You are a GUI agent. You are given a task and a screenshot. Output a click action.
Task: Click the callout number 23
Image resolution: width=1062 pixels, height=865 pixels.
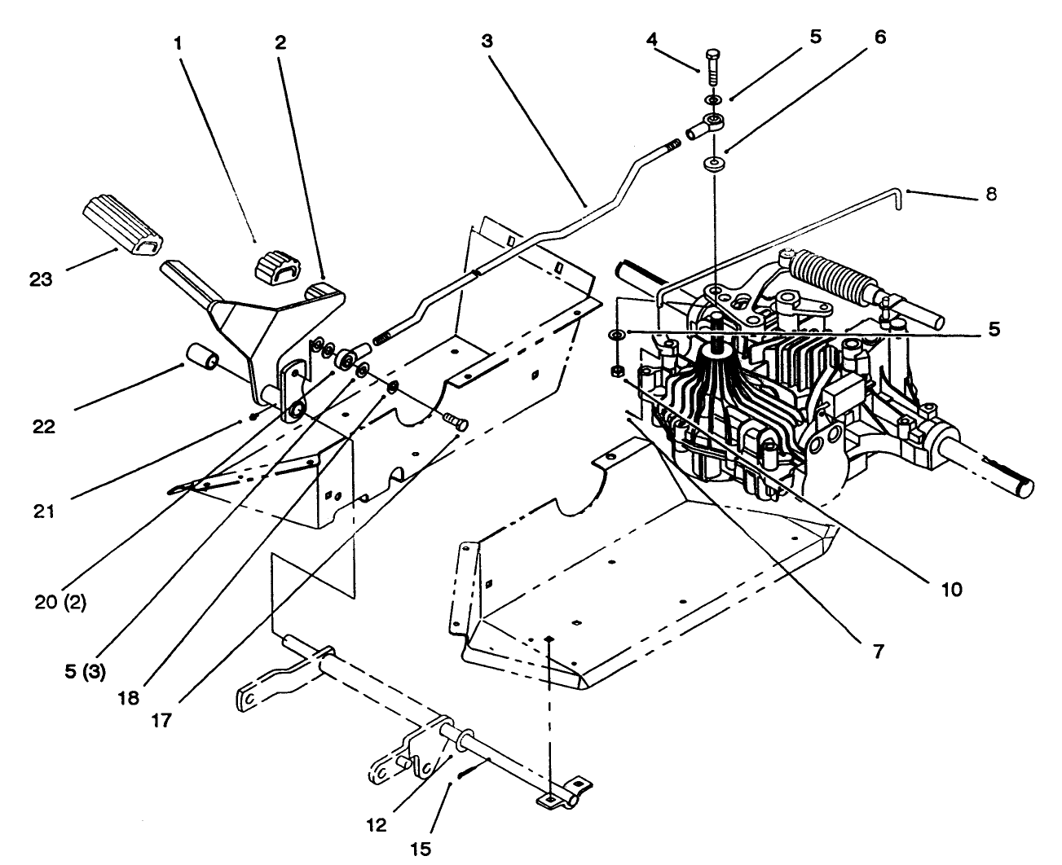tap(41, 279)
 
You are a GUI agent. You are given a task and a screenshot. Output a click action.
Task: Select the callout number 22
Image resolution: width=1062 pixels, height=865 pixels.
tap(44, 427)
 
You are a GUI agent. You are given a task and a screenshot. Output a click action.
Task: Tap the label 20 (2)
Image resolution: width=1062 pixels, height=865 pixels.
tap(60, 603)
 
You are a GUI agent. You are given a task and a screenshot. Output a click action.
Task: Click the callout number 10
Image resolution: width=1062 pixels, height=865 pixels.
tap(951, 590)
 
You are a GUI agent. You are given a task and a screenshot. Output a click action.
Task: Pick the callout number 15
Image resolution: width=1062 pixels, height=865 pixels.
tap(421, 849)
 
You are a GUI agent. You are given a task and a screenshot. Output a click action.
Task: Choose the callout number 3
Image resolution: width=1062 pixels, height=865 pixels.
tap(487, 41)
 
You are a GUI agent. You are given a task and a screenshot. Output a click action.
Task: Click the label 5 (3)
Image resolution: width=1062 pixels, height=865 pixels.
tap(86, 672)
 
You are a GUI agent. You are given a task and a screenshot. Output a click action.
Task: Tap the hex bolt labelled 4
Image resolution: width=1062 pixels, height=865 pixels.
tap(713, 68)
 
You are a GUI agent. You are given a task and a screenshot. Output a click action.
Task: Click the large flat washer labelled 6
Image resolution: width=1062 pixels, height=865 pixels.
tap(714, 165)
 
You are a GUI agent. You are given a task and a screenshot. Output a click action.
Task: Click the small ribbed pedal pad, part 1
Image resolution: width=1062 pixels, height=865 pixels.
tap(278, 268)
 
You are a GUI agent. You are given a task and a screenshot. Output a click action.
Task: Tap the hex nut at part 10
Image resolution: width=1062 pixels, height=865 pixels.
tap(617, 371)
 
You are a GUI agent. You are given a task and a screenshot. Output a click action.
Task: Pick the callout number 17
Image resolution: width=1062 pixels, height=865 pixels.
tap(161, 721)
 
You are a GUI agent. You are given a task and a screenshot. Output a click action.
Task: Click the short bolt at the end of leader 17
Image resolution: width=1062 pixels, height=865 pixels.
tap(456, 422)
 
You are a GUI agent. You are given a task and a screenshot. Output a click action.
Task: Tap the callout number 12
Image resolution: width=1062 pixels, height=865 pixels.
tap(377, 825)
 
